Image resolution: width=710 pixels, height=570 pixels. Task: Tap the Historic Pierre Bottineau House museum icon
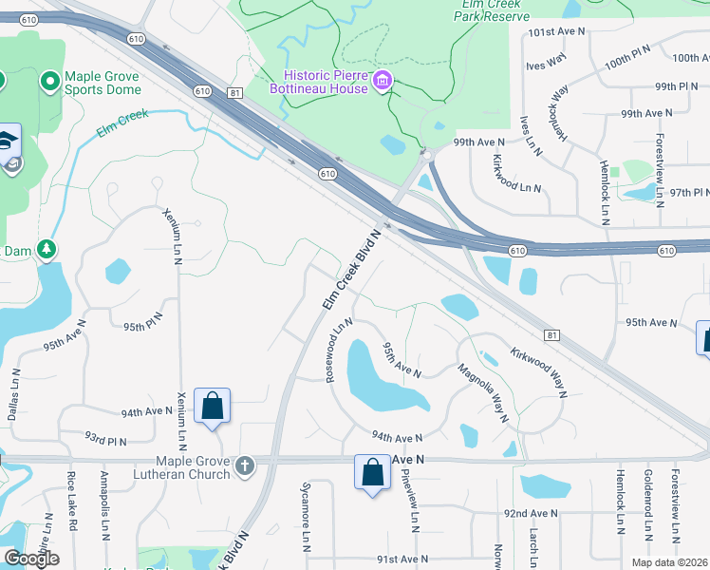(383, 81)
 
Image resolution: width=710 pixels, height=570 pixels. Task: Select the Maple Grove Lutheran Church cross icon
(246, 465)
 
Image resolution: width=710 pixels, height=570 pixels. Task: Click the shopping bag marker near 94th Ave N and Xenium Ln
(212, 407)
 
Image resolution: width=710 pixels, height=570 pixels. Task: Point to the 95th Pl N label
(144, 327)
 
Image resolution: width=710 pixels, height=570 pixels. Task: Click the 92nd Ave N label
(531, 514)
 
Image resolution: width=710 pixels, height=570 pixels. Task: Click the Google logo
(31, 559)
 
